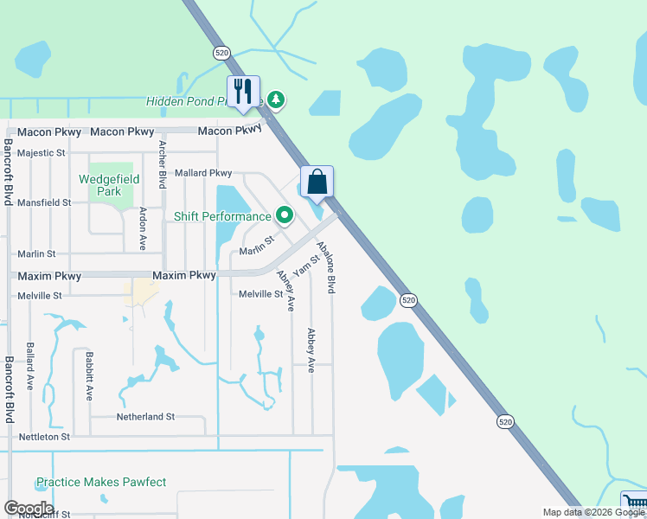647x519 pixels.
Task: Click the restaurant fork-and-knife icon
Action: click(x=243, y=91)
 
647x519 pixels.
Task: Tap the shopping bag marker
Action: click(x=317, y=182)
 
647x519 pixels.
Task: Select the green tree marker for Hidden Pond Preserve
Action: click(x=276, y=100)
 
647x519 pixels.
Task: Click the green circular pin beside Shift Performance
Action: click(x=284, y=215)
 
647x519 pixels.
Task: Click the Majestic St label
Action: click(x=42, y=153)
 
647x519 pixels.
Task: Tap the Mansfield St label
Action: click(x=44, y=202)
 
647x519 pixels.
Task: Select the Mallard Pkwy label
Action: click(x=203, y=174)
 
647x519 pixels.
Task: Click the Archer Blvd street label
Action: click(x=162, y=165)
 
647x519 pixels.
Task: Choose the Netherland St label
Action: click(x=145, y=417)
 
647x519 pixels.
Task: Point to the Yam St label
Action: click(x=307, y=264)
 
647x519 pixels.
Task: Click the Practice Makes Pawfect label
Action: click(x=100, y=482)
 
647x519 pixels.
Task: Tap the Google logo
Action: click(x=29, y=509)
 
